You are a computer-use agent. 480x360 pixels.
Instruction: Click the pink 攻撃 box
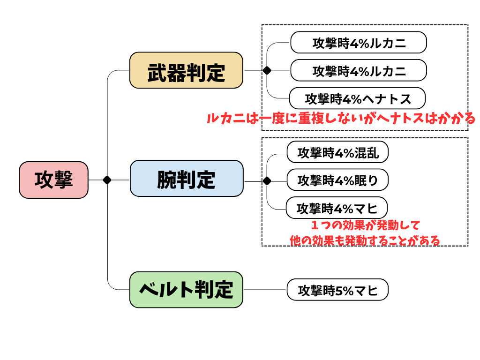pos(53,180)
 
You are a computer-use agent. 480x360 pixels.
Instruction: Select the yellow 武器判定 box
pos(186,70)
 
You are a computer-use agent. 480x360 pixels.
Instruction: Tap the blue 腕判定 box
pos(187,178)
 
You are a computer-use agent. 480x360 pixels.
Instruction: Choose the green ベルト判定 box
pos(186,290)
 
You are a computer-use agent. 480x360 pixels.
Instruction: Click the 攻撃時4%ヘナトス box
pos(357,98)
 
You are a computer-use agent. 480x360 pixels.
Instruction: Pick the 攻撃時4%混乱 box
pos(337,152)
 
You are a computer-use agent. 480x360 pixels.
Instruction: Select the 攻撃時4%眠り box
pos(337,180)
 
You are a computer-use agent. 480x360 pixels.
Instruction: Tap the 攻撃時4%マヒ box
pos(337,208)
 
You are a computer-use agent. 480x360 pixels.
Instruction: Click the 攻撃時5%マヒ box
pos(337,290)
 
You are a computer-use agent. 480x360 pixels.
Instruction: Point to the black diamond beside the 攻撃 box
pos(107,180)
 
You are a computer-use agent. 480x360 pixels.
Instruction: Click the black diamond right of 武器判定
pos(267,70)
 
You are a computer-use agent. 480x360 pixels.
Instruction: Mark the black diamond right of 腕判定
pos(267,181)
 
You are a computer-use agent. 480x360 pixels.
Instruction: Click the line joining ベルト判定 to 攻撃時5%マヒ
pos(265,290)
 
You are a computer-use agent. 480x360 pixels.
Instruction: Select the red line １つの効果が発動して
pos(365,225)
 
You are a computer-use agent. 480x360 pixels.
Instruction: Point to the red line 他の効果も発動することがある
pos(365,240)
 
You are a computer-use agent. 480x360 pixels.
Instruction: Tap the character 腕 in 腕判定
pos(167,180)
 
